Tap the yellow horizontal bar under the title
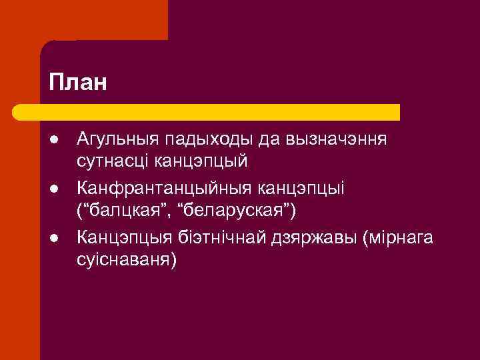pyautogui.click(x=220, y=112)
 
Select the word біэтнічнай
pyautogui.click(x=207, y=237)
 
